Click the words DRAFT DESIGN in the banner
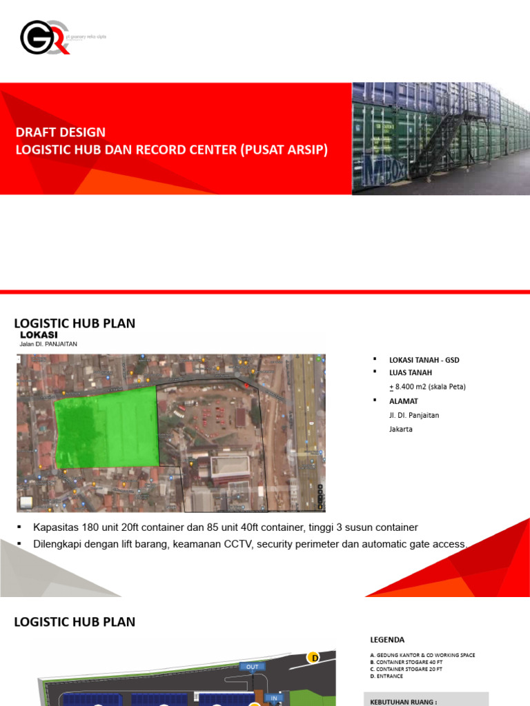pos(61,132)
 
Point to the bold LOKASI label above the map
pos(39,335)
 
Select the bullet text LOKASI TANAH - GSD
pos(424,360)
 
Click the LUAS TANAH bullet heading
pos(411,372)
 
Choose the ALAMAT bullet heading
pos(403,401)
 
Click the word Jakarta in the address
pos(401,429)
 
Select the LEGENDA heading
pos(387,639)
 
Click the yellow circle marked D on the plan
pos(314,657)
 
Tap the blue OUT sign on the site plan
pos(252,667)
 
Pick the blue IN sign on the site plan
pos(274,698)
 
